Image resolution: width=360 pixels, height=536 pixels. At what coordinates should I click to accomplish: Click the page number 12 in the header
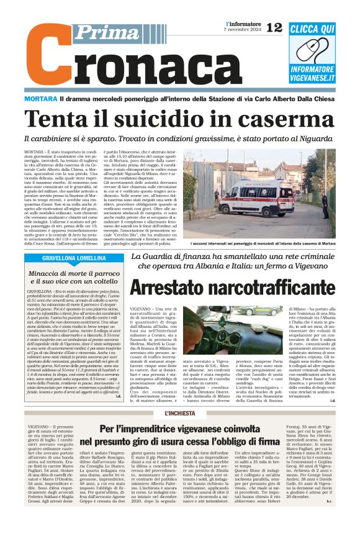[274, 27]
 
